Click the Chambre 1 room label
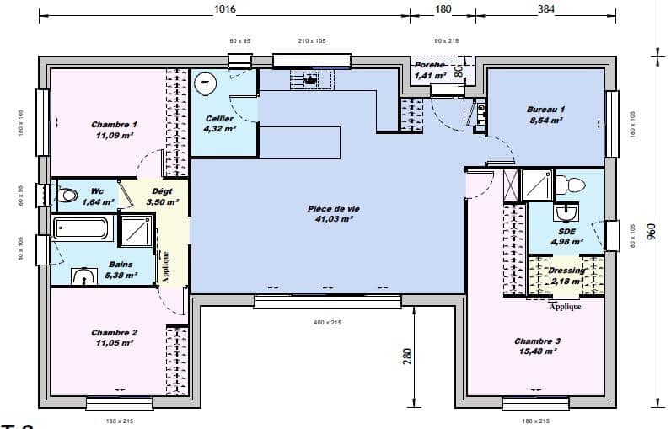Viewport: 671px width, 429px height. point(115,125)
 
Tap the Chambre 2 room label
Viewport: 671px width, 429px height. point(115,333)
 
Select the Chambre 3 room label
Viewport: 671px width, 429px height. point(537,341)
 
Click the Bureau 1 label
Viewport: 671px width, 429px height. point(545,110)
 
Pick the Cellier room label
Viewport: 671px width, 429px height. point(220,119)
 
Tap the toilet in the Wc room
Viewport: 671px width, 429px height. point(67,195)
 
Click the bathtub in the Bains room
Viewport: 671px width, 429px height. point(81,228)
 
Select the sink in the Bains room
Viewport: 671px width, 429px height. point(83,276)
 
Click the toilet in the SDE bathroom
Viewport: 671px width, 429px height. point(575,184)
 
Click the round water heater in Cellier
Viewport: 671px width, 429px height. point(205,83)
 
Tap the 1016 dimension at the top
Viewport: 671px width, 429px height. point(224,9)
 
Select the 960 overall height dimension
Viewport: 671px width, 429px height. point(650,231)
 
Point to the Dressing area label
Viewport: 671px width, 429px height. point(566,271)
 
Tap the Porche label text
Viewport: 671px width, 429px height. point(429,65)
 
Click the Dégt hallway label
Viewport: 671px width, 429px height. point(162,191)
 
